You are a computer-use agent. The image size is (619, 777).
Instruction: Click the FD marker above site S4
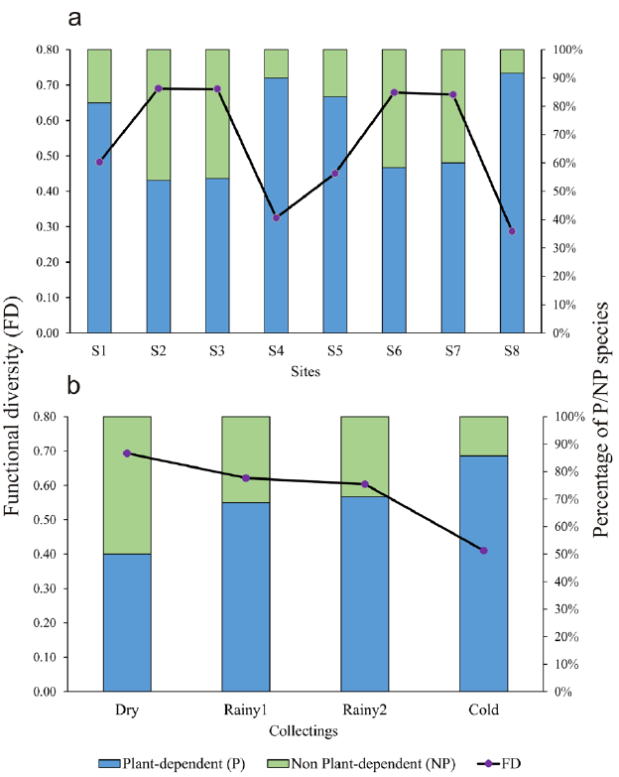(x=276, y=217)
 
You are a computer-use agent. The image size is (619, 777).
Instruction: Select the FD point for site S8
(x=512, y=231)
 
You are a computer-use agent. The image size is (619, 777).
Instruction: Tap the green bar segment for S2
(x=158, y=114)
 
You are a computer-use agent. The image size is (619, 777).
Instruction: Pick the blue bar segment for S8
(x=512, y=202)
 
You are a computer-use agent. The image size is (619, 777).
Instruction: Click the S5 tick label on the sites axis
(x=335, y=350)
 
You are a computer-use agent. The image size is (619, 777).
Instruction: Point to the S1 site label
(x=99, y=350)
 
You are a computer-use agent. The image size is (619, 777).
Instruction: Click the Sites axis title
(x=305, y=371)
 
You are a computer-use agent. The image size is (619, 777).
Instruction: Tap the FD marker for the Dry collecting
(x=127, y=453)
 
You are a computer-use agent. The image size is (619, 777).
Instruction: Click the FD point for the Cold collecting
(x=483, y=550)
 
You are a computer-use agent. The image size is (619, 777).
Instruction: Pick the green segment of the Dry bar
(x=127, y=485)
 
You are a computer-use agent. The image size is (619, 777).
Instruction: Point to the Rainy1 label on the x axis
(x=246, y=711)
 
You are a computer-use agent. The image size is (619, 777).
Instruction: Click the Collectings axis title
(x=306, y=731)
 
